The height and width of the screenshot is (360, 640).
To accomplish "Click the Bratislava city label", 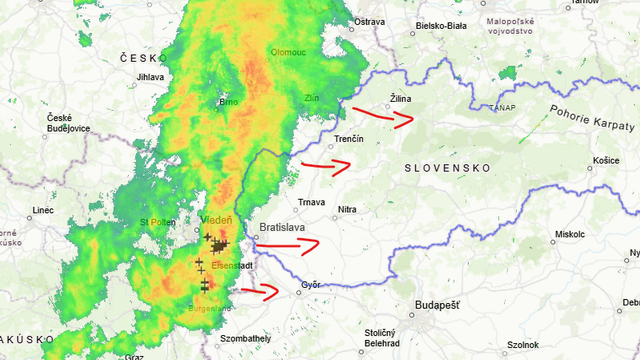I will [282, 228].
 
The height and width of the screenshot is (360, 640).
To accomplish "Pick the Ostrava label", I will [370, 21].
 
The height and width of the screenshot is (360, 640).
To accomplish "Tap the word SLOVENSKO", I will [446, 169].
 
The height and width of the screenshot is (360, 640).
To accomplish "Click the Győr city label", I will [311, 285].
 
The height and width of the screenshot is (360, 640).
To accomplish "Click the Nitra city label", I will [347, 209].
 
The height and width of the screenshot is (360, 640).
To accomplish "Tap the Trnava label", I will [311, 202].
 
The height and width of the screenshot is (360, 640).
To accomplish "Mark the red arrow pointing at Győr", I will [259, 291].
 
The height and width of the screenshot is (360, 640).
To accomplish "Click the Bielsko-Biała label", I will [443, 25].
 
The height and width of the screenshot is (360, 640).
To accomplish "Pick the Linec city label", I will [42, 210].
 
